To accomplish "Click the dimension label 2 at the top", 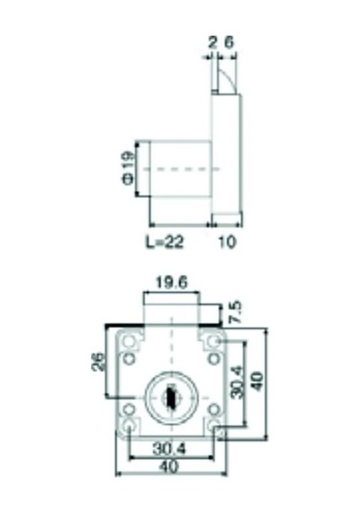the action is tap(212, 42).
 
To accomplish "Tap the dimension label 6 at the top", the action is tap(229, 42).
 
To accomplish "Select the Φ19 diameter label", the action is tap(129, 167).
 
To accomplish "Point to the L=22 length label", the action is tap(165, 242).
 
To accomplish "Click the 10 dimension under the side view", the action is tap(227, 242).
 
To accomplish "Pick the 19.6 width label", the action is tap(172, 283).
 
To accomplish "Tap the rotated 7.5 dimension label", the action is tap(236, 312).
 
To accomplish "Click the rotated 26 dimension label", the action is tap(98, 362).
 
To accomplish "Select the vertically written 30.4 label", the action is tap(237, 382).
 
